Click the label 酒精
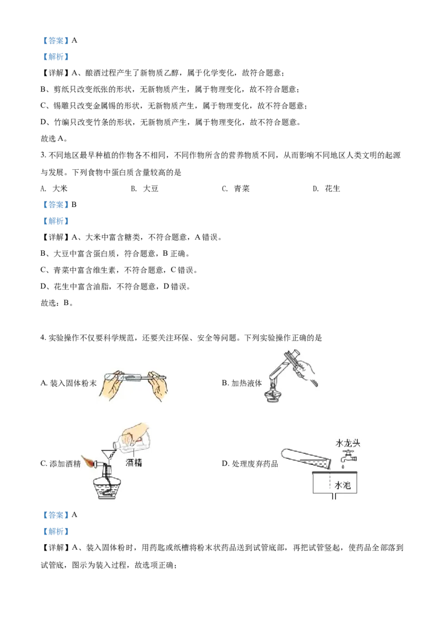(134, 462)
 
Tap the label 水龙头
(348, 443)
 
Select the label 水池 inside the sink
(342, 485)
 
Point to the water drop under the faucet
(350, 467)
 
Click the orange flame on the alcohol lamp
(89, 460)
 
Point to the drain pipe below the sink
(333, 497)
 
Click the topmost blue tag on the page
(56, 40)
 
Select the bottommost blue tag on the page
(56, 531)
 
